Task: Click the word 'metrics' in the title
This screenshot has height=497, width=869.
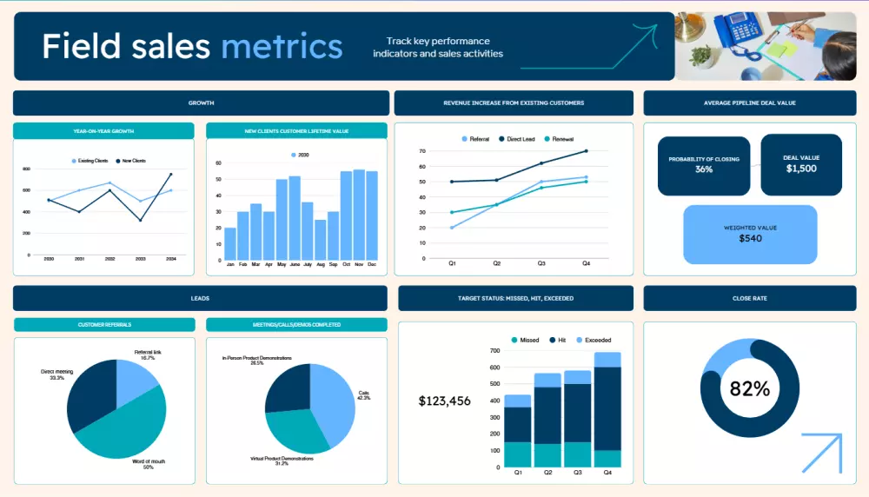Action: [x=282, y=45]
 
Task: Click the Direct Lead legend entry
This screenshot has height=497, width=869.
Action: [x=519, y=139]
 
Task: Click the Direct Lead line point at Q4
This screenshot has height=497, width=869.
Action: [x=586, y=151]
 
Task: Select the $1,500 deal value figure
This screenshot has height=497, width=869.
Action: [x=800, y=169]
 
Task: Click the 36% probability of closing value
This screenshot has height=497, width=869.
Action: [x=704, y=169]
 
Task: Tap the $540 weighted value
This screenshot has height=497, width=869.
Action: [x=750, y=238]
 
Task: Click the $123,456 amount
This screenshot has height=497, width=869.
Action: [x=444, y=401]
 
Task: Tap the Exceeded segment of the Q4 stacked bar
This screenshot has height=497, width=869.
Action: [x=607, y=359]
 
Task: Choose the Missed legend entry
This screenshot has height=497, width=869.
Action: [x=526, y=340]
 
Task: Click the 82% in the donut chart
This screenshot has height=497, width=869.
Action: [x=749, y=389]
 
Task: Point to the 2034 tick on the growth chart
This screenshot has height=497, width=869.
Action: [x=170, y=259]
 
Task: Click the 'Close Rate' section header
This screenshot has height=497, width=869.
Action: [x=749, y=298]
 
